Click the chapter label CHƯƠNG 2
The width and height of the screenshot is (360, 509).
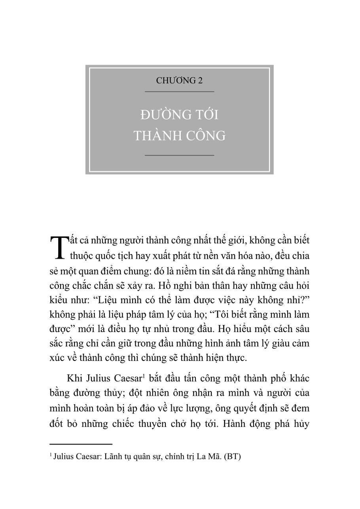pyautogui.click(x=179, y=81)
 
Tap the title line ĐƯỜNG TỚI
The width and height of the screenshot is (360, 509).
pyautogui.click(x=179, y=115)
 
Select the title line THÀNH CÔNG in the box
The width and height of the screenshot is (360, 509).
pyautogui.click(x=179, y=136)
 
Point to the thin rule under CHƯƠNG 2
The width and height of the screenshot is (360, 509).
pyautogui.click(x=179, y=92)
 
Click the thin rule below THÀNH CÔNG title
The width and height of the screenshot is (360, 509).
pyautogui.click(x=179, y=155)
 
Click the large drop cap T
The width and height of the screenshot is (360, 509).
pyautogui.click(x=58, y=248)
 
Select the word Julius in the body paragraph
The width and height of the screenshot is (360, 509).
pyautogui.click(x=98, y=378)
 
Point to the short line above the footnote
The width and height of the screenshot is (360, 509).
pyautogui.click(x=81, y=444)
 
